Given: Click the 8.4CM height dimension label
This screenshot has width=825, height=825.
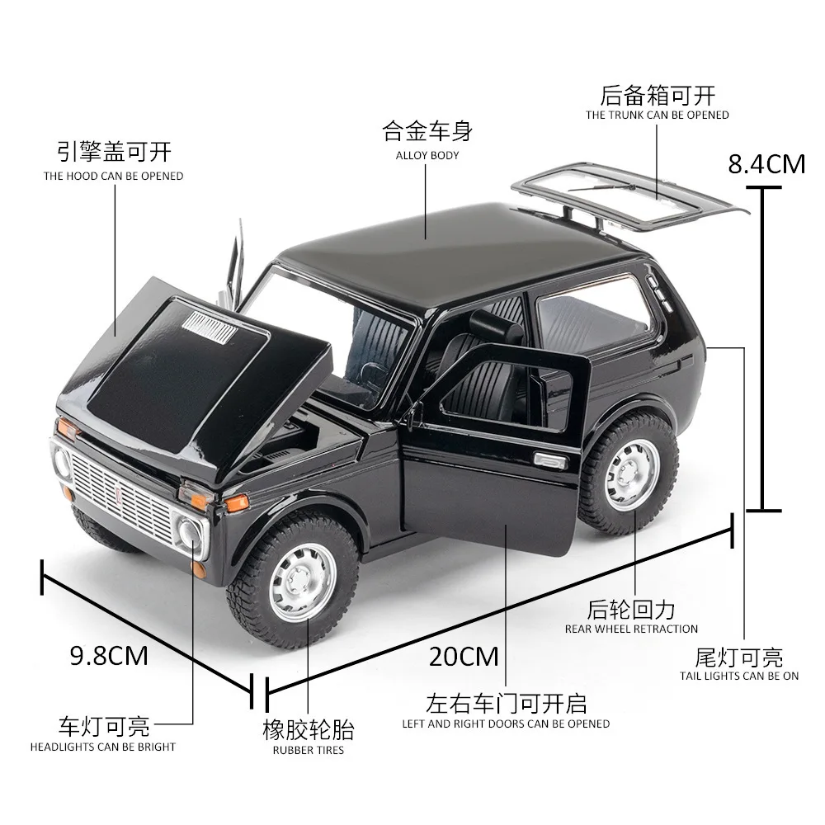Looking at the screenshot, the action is pos(766,164).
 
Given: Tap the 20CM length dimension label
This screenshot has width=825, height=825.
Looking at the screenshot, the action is pos(464,656).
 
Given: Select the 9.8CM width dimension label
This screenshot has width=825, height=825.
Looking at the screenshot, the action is pos(109,656).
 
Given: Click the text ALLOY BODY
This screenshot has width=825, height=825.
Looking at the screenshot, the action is pos(427,155).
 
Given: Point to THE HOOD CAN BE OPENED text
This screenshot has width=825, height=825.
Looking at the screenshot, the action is pos(114,176).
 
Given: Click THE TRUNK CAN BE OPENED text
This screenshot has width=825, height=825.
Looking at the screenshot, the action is pos(658,115).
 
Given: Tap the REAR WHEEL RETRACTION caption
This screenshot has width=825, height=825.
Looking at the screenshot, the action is pos(631,629).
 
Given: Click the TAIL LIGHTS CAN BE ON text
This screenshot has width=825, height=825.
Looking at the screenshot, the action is pos(739,676).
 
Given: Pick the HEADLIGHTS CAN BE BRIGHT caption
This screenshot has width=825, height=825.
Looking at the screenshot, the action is pos(103,747).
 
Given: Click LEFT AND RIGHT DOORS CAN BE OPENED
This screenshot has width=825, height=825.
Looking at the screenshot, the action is pos(506,724).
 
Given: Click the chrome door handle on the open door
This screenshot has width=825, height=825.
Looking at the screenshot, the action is pos(549,460).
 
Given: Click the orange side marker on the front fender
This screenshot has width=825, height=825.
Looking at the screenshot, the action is pos(236,502).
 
